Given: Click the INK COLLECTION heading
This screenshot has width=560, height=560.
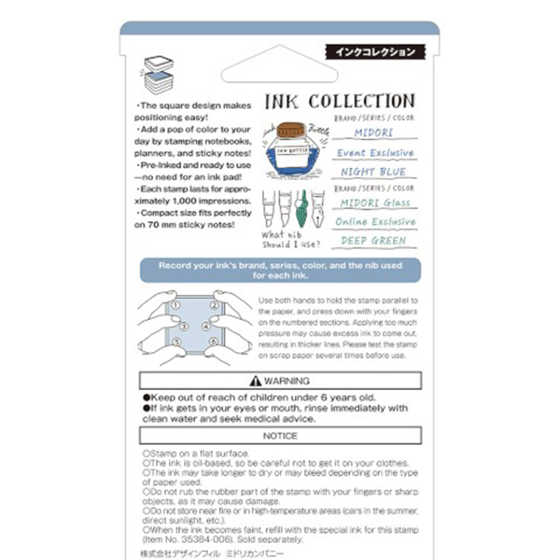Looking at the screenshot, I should tap(339, 101).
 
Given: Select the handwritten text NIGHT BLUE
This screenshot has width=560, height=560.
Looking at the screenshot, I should tap(374, 172).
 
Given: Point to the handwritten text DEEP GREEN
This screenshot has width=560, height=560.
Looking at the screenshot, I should tap(374, 241).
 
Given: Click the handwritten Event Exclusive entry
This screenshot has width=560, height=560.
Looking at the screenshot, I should tap(375, 153).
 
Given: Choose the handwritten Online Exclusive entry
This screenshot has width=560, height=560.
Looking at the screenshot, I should tap(375, 222).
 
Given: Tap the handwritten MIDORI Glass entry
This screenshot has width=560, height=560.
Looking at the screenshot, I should tap(375, 203).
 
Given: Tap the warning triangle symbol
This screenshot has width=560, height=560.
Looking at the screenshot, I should tap(256, 381).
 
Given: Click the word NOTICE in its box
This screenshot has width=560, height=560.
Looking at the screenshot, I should tap(280, 436).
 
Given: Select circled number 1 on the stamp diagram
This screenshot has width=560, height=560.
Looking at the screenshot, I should tap(176, 305).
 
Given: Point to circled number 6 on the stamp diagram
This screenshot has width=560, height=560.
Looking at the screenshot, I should tap(213, 341).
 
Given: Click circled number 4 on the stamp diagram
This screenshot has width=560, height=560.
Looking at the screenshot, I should tap(206, 325).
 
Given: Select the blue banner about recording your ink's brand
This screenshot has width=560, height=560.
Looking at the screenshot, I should tap(280, 270).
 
